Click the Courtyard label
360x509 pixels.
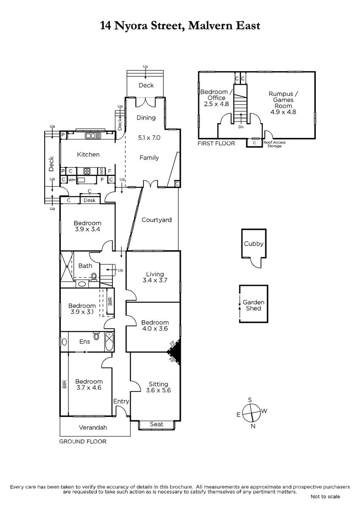157,220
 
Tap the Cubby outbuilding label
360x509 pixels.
253,244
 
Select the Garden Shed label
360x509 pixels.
253,305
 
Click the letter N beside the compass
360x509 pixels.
253,426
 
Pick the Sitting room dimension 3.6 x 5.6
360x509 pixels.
158,390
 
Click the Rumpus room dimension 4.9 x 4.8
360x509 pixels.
283,112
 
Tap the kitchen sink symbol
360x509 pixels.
93,136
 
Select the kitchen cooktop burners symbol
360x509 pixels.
87,171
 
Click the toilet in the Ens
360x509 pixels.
96,336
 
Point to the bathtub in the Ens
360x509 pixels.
109,342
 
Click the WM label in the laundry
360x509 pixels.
72,180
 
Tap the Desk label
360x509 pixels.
90,200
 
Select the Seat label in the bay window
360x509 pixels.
157,424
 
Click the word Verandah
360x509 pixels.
93,428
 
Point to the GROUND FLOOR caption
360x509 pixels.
83,442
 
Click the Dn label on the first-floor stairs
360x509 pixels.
241,127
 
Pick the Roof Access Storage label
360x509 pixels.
274,144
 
